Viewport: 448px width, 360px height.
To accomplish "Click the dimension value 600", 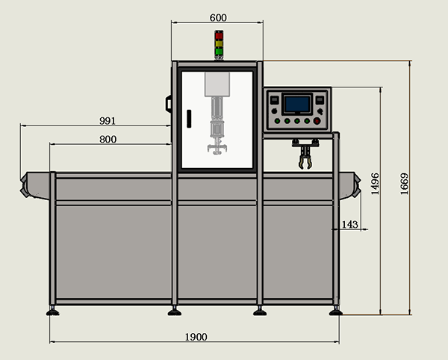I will (218, 17).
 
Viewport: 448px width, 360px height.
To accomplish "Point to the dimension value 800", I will (108, 139).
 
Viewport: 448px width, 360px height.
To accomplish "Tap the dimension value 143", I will (349, 224).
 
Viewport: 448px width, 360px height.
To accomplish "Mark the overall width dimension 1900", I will (195, 337).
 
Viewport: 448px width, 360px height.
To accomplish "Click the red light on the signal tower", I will (219, 34).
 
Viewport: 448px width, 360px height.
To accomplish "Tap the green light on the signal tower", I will (219, 52).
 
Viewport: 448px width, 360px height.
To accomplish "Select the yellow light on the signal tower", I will (219, 43).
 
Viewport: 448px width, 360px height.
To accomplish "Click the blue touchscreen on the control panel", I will (297, 103).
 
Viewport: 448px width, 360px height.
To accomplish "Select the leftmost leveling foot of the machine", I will (53, 311).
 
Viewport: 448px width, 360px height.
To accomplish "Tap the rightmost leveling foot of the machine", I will (335, 311).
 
